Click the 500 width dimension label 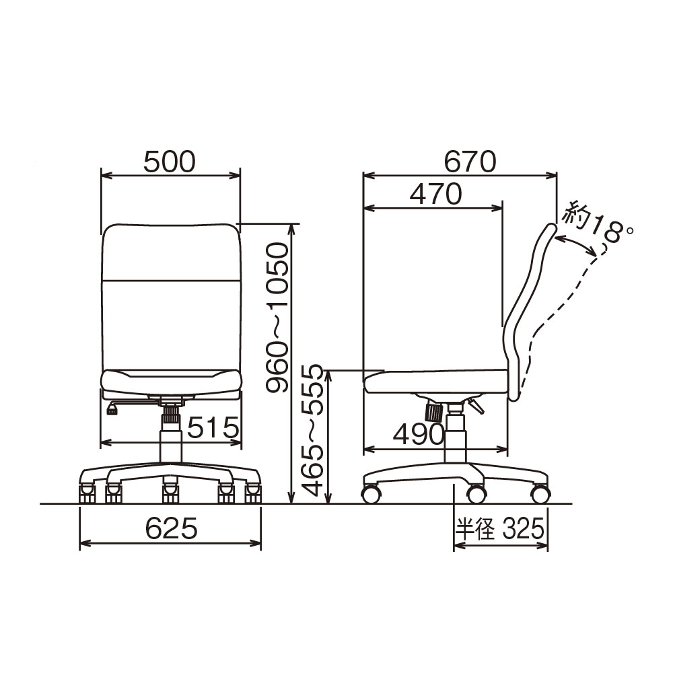(x=169, y=162)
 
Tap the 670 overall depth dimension (x=470, y=162)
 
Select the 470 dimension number (x=435, y=194)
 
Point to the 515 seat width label (x=213, y=427)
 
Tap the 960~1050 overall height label (x=276, y=318)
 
